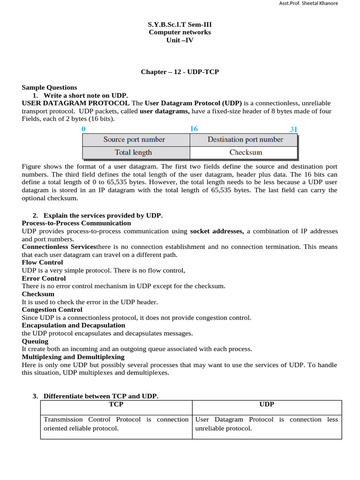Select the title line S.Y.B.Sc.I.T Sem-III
180,24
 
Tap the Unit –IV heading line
180,40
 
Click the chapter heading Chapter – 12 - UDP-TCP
180,72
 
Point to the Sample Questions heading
49,87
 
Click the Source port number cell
134,140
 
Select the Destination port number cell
245,140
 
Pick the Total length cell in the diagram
133,152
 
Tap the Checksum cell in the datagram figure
246,152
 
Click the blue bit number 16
194,128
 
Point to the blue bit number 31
293,129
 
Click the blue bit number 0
83,128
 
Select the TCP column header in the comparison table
116,404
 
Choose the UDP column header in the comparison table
267,404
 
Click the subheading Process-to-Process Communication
76,223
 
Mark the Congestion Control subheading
52,309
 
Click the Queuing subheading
35,341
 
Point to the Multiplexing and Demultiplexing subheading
73,357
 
